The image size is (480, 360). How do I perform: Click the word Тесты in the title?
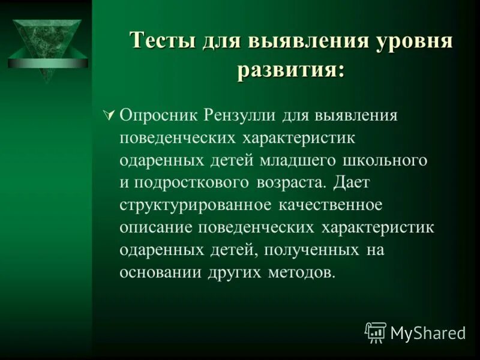pos(163,43)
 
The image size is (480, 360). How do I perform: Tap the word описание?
pos(155,229)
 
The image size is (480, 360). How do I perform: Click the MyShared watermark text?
pos(427,332)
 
